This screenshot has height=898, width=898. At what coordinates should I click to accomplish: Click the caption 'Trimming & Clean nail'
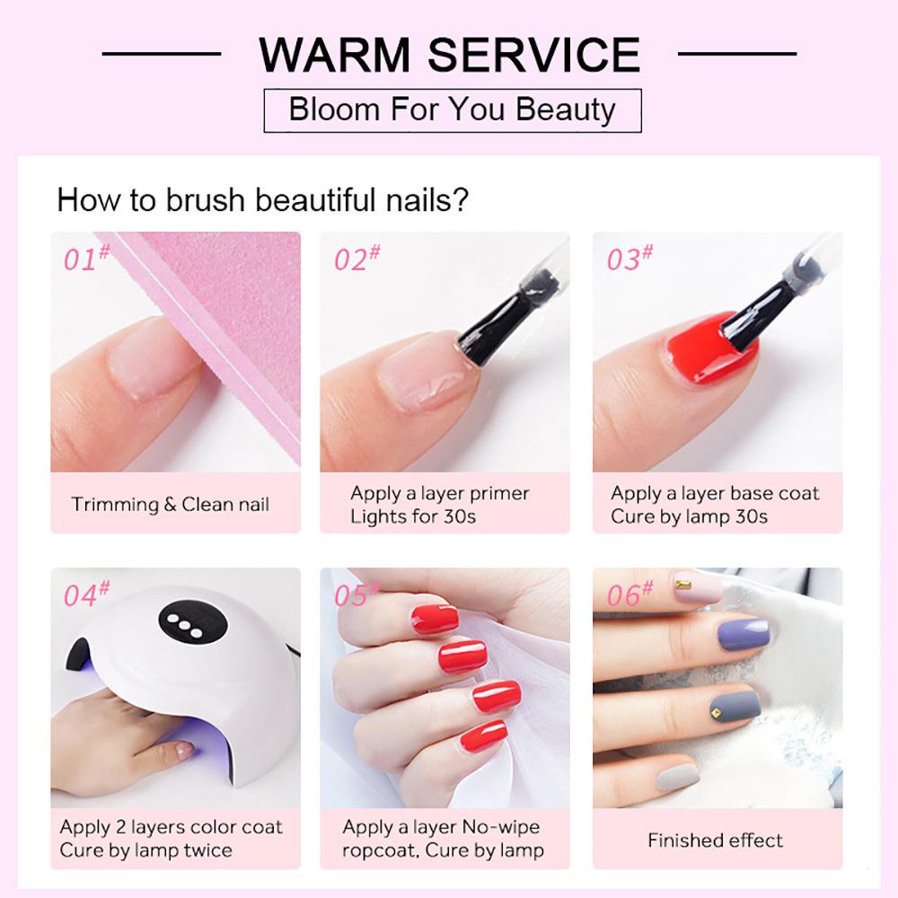[171, 504]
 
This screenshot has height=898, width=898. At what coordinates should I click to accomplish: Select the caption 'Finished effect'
[716, 841]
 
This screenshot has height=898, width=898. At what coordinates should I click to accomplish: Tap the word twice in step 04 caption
[208, 850]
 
